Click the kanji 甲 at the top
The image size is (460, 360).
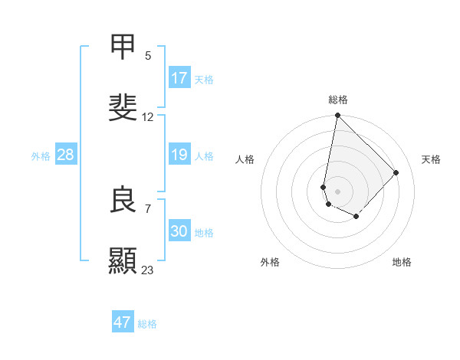click(123, 47)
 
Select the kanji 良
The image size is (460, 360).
click(123, 200)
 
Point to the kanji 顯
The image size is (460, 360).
click(123, 260)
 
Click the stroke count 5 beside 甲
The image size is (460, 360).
click(148, 55)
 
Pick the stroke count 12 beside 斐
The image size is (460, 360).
click(148, 117)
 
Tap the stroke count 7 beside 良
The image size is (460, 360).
click(148, 208)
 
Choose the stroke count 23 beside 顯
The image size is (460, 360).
click(148, 270)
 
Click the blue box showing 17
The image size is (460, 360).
click(179, 77)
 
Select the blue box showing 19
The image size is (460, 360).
click(179, 155)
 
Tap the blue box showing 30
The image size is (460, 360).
click(179, 231)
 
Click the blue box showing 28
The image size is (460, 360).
click(65, 155)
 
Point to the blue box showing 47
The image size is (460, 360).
click(123, 322)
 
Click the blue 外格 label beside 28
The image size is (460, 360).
click(41, 156)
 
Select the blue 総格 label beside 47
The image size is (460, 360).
click(147, 324)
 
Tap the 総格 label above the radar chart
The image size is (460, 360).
click(338, 100)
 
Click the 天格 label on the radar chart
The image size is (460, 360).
click(431, 159)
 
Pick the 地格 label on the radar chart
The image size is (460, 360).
click(402, 263)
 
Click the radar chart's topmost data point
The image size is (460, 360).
click(337, 116)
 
